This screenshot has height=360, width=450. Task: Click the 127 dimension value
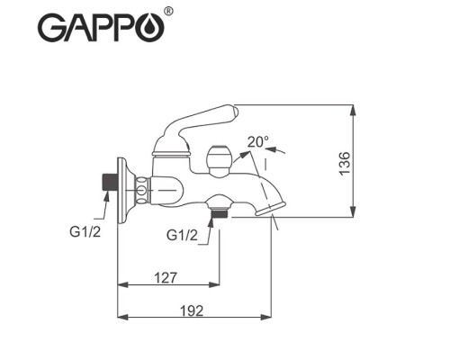(166, 277)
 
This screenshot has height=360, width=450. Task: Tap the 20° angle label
(258, 143)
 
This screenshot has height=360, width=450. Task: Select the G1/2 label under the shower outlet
(183, 235)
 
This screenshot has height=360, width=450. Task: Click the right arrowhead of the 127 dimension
(216, 285)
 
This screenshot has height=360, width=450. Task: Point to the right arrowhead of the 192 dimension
(267, 317)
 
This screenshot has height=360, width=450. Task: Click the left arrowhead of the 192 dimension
(124, 317)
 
